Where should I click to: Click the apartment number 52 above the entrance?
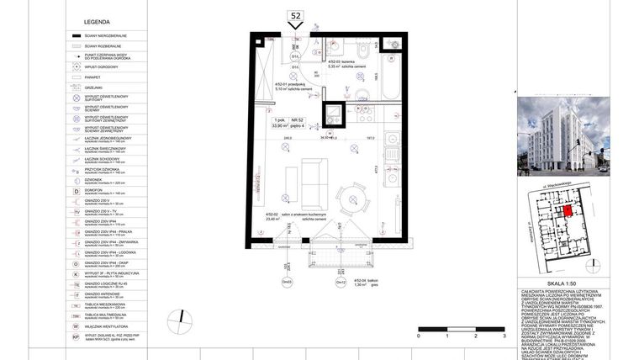tap(295, 15)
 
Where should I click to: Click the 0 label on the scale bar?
tap(417, 336)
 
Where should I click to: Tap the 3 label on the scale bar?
tap(504, 336)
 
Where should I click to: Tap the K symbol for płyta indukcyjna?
tap(76, 273)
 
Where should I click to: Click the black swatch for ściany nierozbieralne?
tap(76, 36)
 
